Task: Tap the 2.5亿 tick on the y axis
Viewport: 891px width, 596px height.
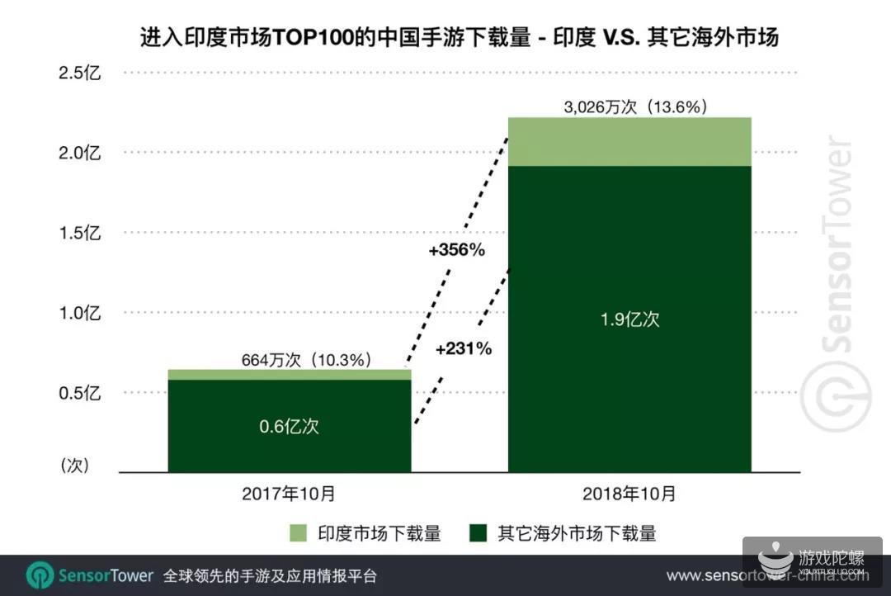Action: (x=78, y=73)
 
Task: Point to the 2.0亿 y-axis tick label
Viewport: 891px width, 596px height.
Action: (x=78, y=153)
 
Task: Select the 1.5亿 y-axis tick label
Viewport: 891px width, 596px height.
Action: (x=78, y=233)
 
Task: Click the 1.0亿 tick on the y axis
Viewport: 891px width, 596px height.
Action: (x=78, y=313)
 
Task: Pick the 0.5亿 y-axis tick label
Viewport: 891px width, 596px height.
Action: (x=78, y=393)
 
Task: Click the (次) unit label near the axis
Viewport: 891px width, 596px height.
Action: (x=74, y=466)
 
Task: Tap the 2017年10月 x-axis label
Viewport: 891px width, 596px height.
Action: (x=289, y=494)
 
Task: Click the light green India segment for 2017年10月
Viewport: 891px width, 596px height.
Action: (x=289, y=375)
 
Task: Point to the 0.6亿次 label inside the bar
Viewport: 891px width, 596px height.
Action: (x=289, y=427)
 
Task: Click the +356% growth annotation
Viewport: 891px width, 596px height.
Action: (x=456, y=250)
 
